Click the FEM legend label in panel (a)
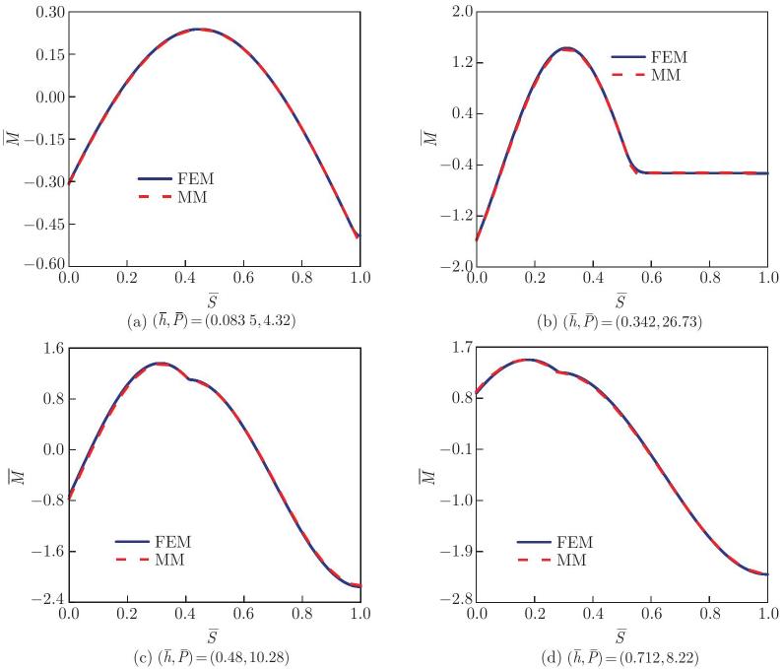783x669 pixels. (x=197, y=180)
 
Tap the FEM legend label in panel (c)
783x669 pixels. (x=173, y=542)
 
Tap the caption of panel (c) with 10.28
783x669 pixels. (x=215, y=652)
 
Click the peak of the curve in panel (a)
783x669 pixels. (x=199, y=29)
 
